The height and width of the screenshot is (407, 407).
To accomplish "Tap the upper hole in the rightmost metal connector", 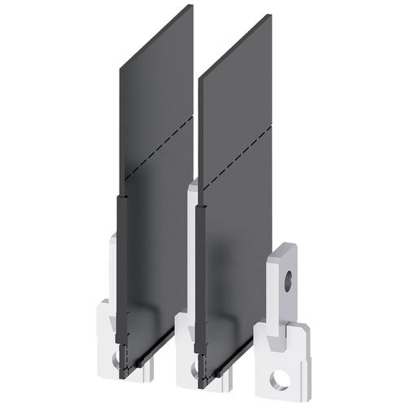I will (x=286, y=285).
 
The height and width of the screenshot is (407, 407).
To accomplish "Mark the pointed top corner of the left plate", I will (x=192, y=6).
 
